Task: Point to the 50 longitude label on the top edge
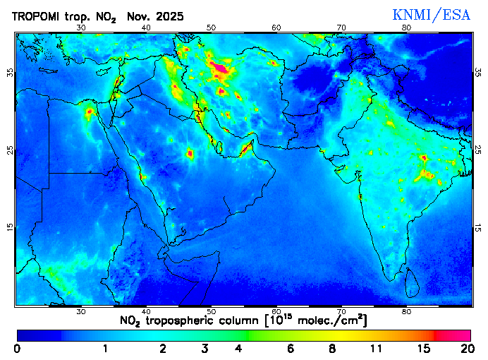click(x=211, y=28)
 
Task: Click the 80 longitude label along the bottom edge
click(x=406, y=311)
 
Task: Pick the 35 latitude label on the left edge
click(x=10, y=73)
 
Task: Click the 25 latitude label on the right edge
click(x=477, y=150)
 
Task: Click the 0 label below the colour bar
click(x=17, y=349)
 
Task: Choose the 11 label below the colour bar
click(x=377, y=349)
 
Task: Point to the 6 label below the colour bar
click(x=290, y=349)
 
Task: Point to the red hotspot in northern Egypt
click(x=90, y=111)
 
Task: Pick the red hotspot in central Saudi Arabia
click(x=190, y=152)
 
